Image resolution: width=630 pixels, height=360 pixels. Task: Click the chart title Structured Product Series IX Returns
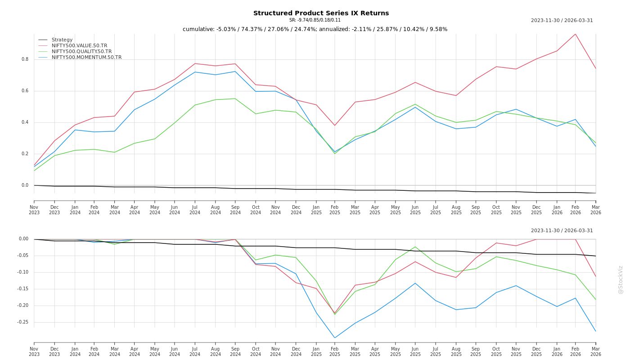[321, 13]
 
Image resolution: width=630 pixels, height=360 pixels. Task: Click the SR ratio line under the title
[315, 20]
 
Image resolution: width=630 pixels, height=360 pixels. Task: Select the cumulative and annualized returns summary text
[315, 29]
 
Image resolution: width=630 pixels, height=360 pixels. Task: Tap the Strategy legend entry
[62, 40]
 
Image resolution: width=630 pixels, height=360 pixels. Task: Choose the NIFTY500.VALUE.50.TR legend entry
[79, 46]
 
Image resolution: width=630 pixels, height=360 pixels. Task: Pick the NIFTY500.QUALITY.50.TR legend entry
[81, 52]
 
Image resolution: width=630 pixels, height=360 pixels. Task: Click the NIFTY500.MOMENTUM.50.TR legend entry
[86, 58]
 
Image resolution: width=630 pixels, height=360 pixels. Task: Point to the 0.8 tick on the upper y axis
[25, 59]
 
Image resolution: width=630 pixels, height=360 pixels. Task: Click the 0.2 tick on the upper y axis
[25, 154]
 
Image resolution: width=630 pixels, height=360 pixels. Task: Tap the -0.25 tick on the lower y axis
[22, 322]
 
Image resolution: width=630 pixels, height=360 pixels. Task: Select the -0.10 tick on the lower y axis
[22, 272]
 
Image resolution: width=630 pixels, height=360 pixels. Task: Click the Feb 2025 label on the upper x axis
[335, 210]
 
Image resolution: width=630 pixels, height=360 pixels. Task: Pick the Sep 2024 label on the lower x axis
[235, 351]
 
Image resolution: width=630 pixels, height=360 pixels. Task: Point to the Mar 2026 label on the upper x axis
[596, 210]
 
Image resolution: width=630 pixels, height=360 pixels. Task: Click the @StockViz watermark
[621, 279]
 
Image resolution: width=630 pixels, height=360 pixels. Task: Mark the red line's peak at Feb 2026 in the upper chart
[575, 34]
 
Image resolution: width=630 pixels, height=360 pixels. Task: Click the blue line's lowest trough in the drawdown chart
[335, 338]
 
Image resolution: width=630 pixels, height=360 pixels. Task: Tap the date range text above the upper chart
[562, 21]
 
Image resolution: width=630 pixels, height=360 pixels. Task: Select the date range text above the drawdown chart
[562, 231]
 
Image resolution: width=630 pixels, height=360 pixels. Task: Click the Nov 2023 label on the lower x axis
[34, 351]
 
